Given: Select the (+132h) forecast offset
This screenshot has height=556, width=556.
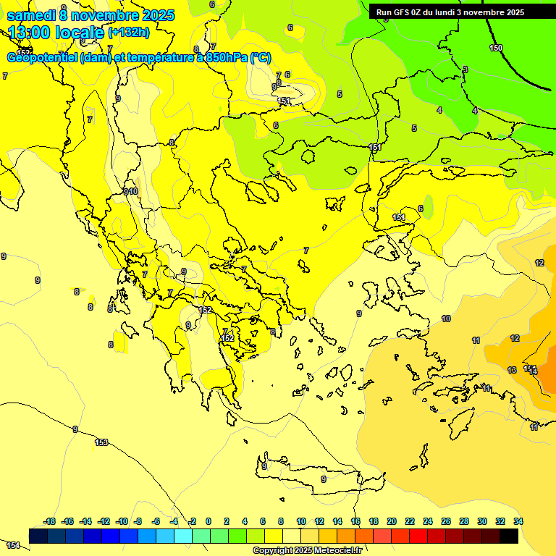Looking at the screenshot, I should click(128, 33).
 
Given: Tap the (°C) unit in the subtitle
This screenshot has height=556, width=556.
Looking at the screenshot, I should click(260, 58).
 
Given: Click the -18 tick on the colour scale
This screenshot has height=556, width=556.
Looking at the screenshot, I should click(50, 521).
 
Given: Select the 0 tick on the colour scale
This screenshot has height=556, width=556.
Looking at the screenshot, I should click(208, 521).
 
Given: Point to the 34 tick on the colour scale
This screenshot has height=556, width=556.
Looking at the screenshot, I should click(518, 521).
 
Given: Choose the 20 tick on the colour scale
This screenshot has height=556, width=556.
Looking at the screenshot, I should click(392, 521).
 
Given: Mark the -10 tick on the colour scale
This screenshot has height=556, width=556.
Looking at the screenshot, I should click(122, 521).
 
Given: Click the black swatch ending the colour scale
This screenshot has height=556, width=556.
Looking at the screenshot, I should click(509, 536).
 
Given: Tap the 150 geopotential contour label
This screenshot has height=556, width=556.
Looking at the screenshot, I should click(495, 48).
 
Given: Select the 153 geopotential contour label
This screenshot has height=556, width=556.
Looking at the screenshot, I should click(101, 442).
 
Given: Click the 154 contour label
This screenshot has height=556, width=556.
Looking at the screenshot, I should click(13, 544).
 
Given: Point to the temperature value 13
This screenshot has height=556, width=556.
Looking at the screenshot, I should click(512, 370).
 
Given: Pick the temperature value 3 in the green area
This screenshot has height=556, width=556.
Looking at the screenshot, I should click(466, 69).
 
